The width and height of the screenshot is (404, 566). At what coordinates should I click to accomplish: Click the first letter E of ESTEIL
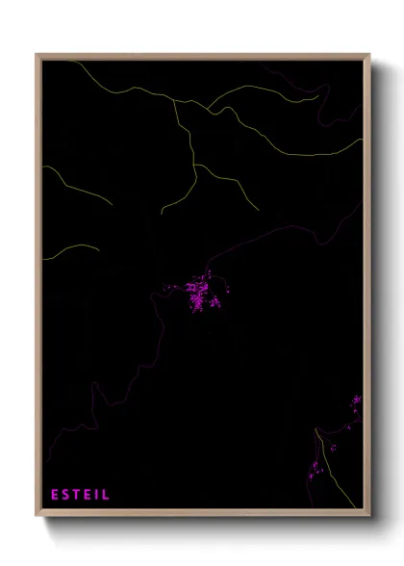point(55,495)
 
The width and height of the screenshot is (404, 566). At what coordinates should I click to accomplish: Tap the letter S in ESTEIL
point(66,495)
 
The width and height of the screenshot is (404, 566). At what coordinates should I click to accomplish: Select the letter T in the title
point(78,495)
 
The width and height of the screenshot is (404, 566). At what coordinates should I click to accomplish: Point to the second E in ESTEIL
point(89,495)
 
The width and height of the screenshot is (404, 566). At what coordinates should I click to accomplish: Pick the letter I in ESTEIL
point(98,495)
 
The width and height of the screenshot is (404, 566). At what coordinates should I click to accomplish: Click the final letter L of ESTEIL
point(107,495)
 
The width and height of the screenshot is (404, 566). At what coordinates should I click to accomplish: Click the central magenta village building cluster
point(200,294)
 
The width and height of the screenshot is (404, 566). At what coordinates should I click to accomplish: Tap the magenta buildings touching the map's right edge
point(357,400)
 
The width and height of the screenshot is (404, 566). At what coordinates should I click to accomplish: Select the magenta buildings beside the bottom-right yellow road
point(315,469)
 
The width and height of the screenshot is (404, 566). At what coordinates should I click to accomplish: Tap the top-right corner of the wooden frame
point(368,55)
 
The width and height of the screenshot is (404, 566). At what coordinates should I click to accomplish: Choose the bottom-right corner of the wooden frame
point(368,516)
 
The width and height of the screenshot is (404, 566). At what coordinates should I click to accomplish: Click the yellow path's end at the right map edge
point(362,143)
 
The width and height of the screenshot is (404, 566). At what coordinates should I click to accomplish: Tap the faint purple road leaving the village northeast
point(240,244)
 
